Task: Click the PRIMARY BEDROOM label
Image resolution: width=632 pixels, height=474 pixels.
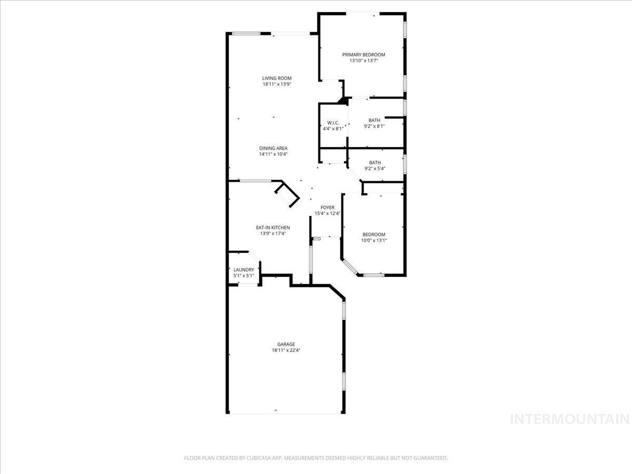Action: pyautogui.click(x=363, y=55)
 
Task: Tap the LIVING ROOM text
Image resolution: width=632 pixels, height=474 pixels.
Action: pyautogui.click(x=277, y=78)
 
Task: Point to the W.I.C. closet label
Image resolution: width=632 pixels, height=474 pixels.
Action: pyautogui.click(x=332, y=123)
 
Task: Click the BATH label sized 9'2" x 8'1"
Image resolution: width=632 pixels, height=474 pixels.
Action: pyautogui.click(x=374, y=121)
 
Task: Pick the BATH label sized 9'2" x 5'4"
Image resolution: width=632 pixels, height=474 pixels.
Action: pyautogui.click(x=374, y=163)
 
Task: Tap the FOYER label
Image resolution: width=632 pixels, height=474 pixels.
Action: pyautogui.click(x=328, y=208)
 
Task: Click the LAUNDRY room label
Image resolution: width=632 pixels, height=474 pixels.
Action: pyautogui.click(x=244, y=270)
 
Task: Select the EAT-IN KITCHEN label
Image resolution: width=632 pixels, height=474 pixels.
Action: pyautogui.click(x=273, y=228)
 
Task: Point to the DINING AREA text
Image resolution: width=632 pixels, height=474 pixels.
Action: pyautogui.click(x=273, y=148)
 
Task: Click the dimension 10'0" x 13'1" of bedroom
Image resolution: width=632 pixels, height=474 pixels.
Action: pyautogui.click(x=374, y=241)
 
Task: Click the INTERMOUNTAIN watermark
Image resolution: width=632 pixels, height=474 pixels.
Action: pyautogui.click(x=570, y=419)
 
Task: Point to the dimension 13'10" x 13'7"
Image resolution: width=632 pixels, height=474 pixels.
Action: pyautogui.click(x=363, y=61)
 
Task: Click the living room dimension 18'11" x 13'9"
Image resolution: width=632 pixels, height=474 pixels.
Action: pyautogui.click(x=277, y=84)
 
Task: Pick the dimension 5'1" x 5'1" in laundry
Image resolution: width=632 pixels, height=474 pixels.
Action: pyautogui.click(x=244, y=275)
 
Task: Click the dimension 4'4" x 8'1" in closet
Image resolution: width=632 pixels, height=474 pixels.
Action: pyautogui.click(x=332, y=129)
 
